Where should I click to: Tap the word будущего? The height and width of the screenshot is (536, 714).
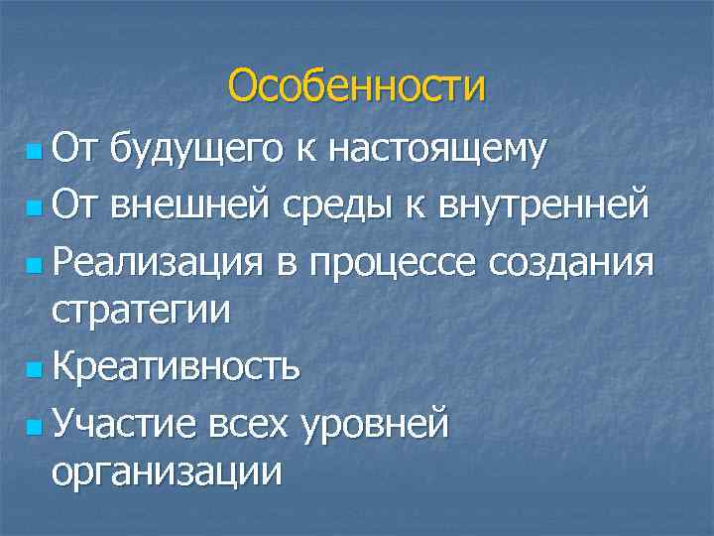click(x=194, y=152)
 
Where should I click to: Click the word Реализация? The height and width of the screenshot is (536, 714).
click(x=158, y=263)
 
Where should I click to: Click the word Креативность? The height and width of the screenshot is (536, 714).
click(x=176, y=367)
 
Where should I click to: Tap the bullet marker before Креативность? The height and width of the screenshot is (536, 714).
click(x=37, y=371)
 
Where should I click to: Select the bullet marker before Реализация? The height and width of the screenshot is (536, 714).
click(x=37, y=267)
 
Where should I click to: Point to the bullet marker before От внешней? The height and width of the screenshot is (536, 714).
click(x=37, y=210)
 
